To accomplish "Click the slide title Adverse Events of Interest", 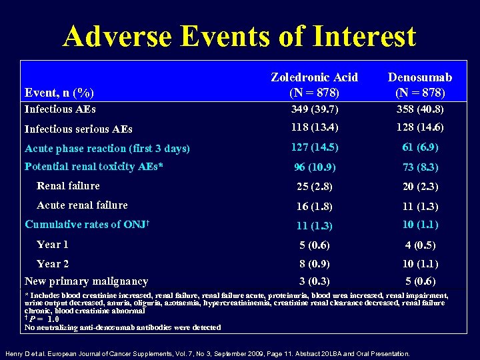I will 239,36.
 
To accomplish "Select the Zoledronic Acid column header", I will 314,85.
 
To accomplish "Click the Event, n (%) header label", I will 59,92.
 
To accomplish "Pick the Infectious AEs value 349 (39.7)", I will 314,109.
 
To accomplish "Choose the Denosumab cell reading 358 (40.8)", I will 419,109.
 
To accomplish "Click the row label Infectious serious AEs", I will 78,129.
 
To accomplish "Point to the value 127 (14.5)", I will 314,147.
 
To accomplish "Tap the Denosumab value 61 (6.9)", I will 419,147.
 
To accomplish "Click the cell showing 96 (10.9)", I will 314,167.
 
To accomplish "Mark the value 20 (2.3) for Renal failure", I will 419,187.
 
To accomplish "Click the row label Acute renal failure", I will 82,205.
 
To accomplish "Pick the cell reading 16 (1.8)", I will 314,206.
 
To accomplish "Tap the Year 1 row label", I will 53,244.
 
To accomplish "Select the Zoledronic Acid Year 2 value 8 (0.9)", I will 314,264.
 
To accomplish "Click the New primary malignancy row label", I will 86,281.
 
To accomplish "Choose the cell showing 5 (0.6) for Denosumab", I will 419,281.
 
